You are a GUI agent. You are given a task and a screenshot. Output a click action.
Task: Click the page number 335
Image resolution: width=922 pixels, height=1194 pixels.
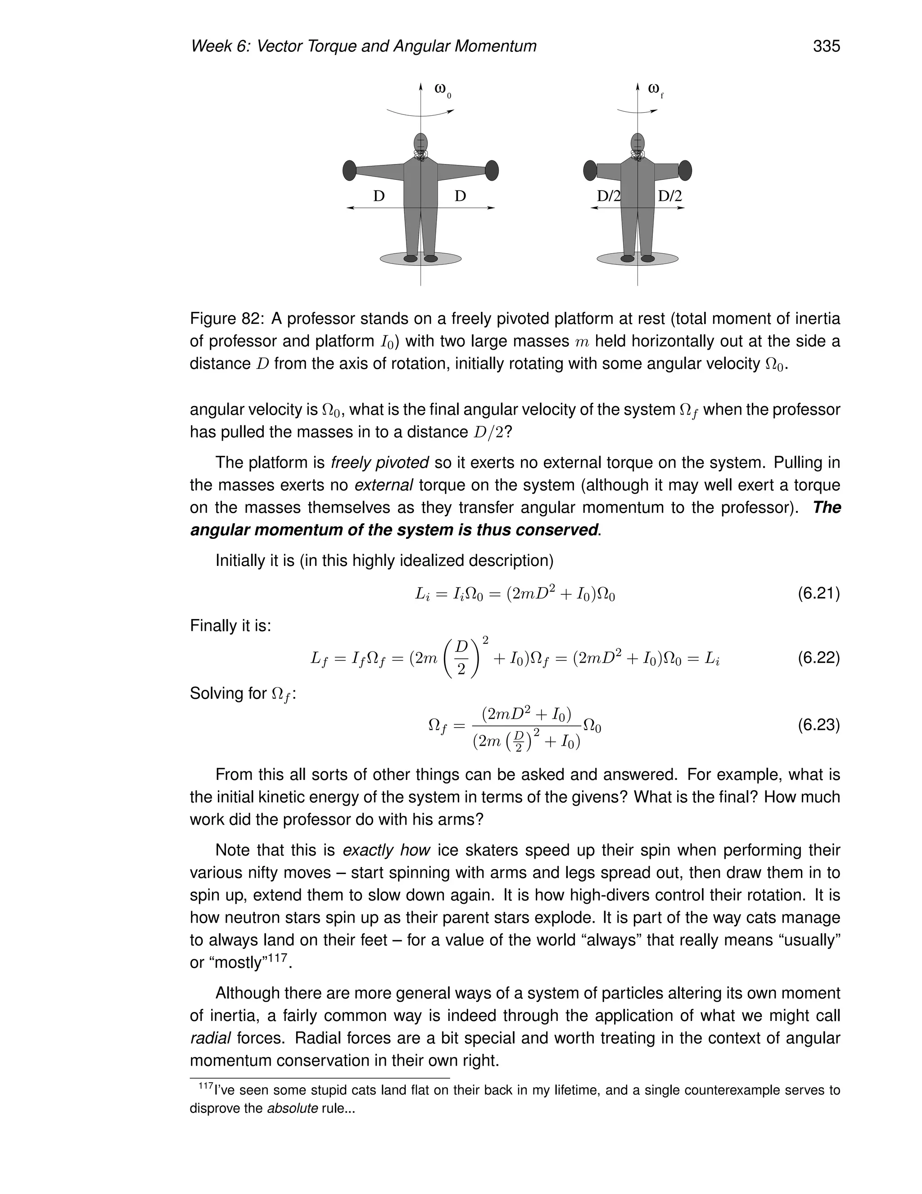tap(826, 46)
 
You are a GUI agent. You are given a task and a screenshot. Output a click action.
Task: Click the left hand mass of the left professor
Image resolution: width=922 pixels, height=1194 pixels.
tap(349, 171)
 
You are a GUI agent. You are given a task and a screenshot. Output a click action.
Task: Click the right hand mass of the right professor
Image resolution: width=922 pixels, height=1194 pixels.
tap(685, 171)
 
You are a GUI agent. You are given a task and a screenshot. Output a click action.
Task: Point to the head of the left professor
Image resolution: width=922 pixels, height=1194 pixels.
tap(420, 142)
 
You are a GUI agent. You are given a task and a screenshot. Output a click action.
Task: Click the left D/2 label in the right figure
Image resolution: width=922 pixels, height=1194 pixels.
tap(609, 196)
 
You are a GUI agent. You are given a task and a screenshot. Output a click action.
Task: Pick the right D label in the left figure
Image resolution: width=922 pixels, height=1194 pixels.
tap(461, 196)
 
